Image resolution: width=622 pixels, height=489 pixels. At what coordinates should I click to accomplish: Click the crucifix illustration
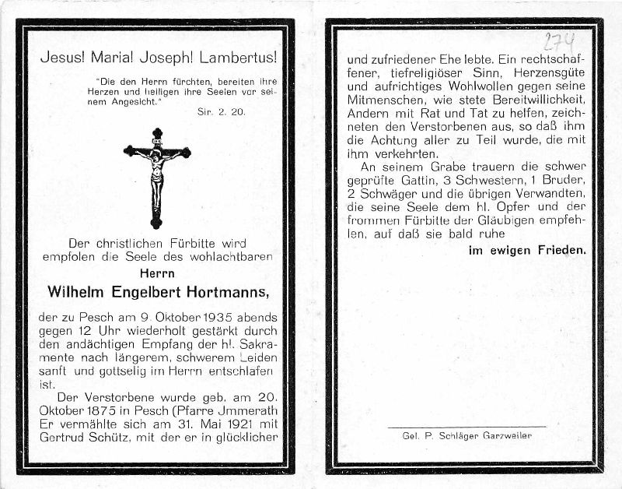coord(157,178)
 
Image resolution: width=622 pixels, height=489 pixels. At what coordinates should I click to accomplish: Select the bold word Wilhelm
coord(75,293)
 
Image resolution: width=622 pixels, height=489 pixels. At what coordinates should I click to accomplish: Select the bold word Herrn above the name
coord(156,273)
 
